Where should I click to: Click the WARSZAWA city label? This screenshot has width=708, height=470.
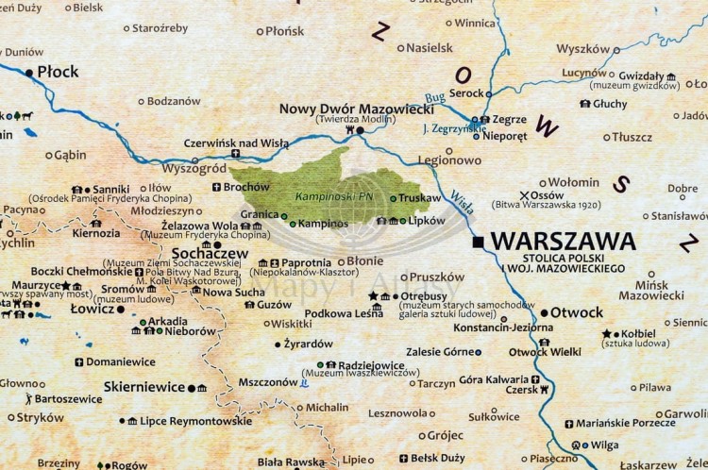click(563, 242)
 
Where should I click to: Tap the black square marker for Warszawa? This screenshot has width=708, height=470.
click(480, 243)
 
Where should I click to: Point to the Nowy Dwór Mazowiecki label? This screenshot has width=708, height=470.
click(356, 109)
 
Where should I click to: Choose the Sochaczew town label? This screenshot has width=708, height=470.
click(211, 254)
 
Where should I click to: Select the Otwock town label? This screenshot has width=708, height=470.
click(577, 312)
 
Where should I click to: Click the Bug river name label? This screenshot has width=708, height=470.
click(435, 96)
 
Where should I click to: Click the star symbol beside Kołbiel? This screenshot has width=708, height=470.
click(606, 333)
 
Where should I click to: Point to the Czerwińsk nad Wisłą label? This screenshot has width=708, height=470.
click(235, 143)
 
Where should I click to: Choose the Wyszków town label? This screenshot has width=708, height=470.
click(582, 48)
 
